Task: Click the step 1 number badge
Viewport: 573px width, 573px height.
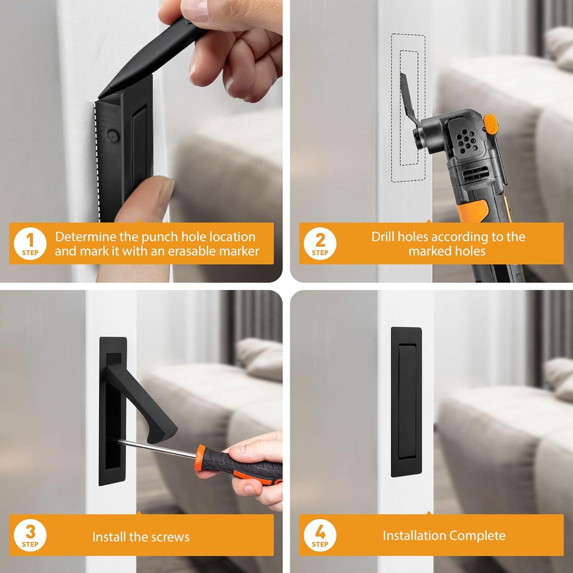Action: tap(30, 243)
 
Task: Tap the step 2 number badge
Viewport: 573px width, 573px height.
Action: tap(320, 243)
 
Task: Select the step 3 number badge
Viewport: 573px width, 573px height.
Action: tap(30, 535)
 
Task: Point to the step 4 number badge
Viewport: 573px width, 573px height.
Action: tap(320, 535)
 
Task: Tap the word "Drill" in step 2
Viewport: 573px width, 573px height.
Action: tap(383, 237)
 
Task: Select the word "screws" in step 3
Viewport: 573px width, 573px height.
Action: tap(171, 537)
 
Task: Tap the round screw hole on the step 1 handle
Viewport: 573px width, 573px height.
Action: tap(111, 134)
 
